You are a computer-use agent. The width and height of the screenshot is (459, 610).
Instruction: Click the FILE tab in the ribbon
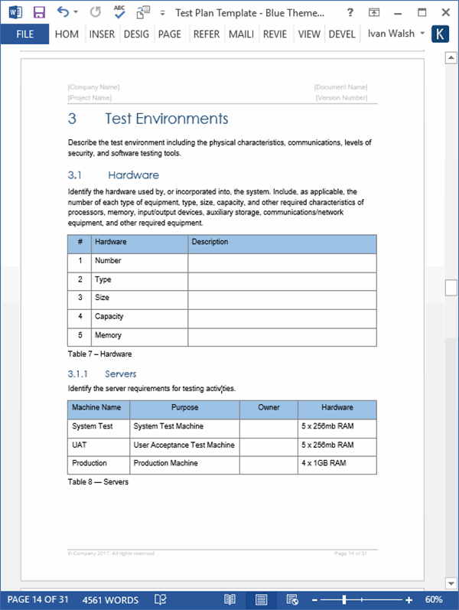coord(24,34)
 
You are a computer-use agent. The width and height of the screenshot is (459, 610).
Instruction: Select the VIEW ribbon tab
coord(309,34)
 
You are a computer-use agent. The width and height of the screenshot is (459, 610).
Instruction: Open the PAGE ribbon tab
coord(169,34)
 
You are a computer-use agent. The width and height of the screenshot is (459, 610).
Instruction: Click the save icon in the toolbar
coord(39,12)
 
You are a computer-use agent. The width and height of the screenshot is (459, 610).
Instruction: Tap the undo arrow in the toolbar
coord(63,12)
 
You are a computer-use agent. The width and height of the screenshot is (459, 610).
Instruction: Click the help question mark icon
coord(349,12)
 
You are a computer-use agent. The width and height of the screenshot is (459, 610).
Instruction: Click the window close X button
coord(442,12)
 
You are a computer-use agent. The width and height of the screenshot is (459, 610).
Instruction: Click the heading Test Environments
coord(166,119)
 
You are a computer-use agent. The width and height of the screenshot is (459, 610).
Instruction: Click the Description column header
coord(210,242)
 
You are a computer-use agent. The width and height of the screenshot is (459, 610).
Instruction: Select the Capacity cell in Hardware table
coord(109,316)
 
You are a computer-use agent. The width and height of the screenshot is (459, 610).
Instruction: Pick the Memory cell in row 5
coord(108,335)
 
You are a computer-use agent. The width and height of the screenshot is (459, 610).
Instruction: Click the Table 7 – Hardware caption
coord(99,354)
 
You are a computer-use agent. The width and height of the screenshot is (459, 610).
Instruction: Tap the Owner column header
coord(269,408)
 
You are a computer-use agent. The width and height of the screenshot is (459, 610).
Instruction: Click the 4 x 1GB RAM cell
coord(324,463)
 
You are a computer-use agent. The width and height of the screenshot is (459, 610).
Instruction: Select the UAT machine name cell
coord(80,445)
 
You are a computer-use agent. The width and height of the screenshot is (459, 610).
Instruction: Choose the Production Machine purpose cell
coord(165,463)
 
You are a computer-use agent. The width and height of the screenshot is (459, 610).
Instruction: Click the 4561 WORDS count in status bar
coord(110,599)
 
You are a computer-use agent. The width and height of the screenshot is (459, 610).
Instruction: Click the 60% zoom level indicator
coord(434,599)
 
